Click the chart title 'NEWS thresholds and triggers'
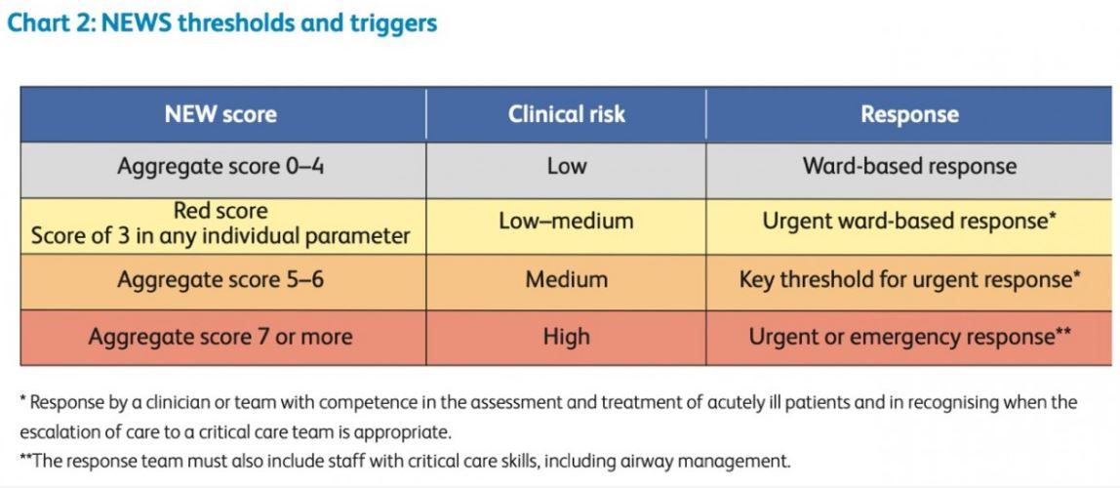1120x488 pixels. pyautogui.click(x=269, y=22)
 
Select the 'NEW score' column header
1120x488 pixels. pyautogui.click(x=220, y=114)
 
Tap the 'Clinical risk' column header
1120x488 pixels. pyautogui.click(x=567, y=114)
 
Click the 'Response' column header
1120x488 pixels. pyautogui.click(x=909, y=115)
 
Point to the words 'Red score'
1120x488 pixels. pyautogui.click(x=220, y=212)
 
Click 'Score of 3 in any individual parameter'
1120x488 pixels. pyautogui.click(x=220, y=236)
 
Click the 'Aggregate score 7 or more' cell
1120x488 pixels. pyautogui.click(x=220, y=337)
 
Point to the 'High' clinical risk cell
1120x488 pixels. pyautogui.click(x=567, y=337)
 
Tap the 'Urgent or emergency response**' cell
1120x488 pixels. pyautogui.click(x=909, y=337)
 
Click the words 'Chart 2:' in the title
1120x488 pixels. pyautogui.click(x=52, y=22)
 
